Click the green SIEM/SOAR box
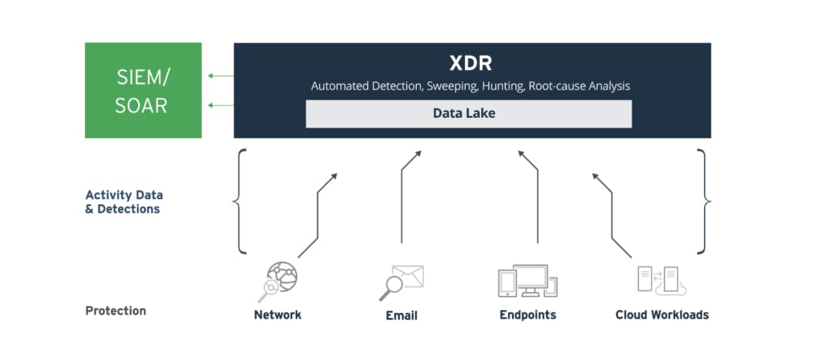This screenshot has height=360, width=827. [143, 90]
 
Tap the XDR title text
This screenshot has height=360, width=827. [472, 63]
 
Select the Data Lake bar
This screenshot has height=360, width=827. [468, 114]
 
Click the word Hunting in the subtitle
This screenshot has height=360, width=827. [505, 86]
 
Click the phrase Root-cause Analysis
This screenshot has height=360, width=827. [580, 86]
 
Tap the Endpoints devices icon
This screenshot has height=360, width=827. [527, 281]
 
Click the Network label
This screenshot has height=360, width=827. [277, 315]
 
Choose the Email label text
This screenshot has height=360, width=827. [401, 316]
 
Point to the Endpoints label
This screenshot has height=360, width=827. [527, 315]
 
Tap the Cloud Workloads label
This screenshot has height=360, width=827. [661, 315]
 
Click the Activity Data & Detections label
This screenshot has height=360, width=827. [123, 202]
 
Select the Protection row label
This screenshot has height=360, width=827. [115, 311]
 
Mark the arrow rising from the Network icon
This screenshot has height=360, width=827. [317, 213]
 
